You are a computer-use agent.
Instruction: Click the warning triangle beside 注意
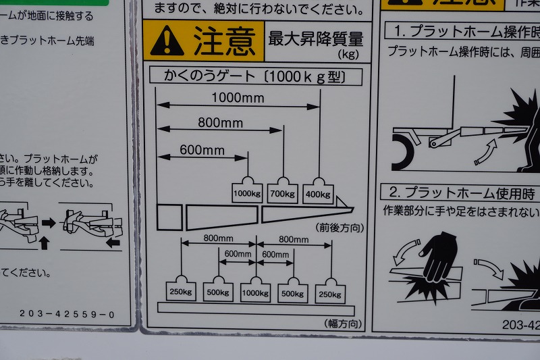(x=167, y=42)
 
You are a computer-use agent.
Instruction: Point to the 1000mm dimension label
(x=238, y=98)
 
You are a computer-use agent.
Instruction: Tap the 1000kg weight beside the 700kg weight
(x=246, y=192)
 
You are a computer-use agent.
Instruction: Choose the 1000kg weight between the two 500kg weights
(x=256, y=291)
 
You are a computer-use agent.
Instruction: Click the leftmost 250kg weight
(x=181, y=291)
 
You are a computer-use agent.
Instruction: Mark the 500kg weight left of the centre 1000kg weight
(x=218, y=291)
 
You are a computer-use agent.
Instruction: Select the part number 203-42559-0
(x=67, y=314)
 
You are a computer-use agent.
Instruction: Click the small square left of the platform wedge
(x=169, y=217)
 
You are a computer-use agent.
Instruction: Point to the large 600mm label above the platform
(x=202, y=150)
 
